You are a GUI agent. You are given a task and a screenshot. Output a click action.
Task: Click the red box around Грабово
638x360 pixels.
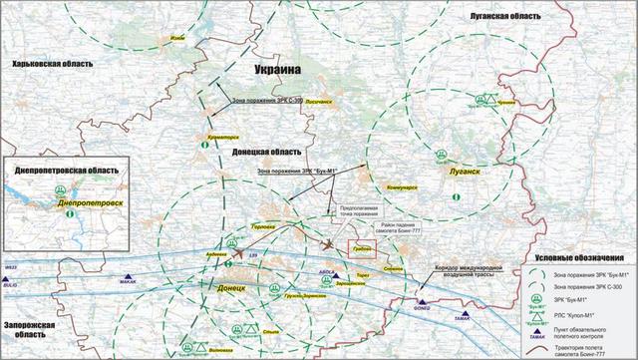click(x=360, y=250)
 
